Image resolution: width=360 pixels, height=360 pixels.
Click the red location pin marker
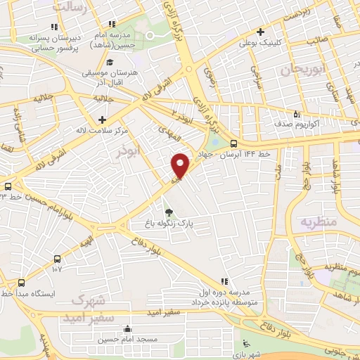click(x=181, y=166)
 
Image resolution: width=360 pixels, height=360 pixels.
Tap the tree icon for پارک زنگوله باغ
click(x=167, y=213)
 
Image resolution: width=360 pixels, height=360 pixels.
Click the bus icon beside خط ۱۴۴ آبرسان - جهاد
click(x=243, y=144)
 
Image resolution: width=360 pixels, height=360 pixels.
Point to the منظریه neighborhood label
click(x=320, y=221)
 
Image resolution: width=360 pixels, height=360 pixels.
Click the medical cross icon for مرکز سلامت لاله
click(x=103, y=120)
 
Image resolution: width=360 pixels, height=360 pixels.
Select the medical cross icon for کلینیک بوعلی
click(x=260, y=32)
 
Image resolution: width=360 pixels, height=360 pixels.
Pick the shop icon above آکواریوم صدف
click(x=297, y=115)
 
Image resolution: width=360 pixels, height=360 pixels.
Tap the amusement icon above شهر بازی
click(x=245, y=342)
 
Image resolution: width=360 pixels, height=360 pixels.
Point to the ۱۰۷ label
click(x=57, y=268)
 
